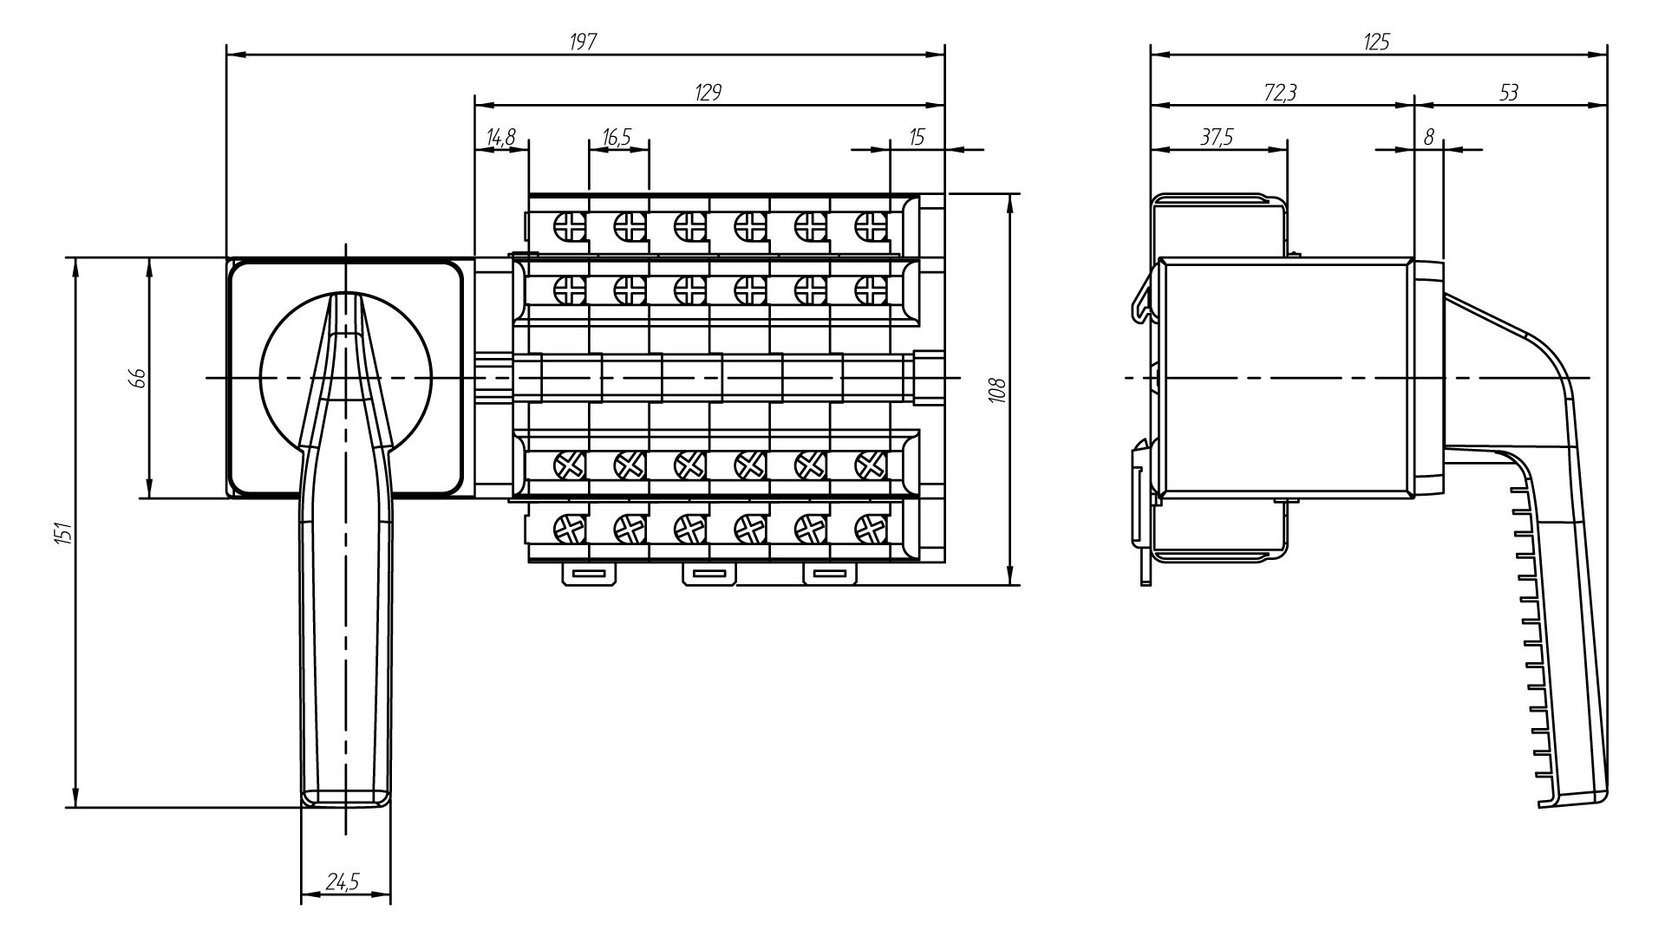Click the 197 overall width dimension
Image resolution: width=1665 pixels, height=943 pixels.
coord(584,42)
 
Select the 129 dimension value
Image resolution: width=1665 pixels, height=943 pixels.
coord(708,93)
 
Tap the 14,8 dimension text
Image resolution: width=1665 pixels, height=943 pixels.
coord(500,137)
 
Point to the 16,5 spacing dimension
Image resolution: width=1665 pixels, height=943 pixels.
coord(617,137)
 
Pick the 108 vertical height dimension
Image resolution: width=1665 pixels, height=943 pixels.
coord(996,389)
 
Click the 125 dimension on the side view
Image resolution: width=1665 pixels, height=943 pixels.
coord(1376,42)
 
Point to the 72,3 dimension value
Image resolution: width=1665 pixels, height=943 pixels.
coord(1280,93)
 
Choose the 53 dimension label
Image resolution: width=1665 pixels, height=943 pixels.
coord(1509,93)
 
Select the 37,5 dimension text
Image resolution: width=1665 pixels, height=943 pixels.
coord(1218,137)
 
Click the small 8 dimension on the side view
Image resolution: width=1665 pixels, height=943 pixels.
coord(1429,137)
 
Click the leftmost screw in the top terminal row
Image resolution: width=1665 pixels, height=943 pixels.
coord(570,227)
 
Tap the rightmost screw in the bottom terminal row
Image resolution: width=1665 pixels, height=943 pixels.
coord(867,527)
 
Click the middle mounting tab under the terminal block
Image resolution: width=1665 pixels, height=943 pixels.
coord(709,575)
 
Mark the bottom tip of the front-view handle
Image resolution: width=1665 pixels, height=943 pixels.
coord(345,803)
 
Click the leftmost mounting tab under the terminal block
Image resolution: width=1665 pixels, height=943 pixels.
coord(589,575)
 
